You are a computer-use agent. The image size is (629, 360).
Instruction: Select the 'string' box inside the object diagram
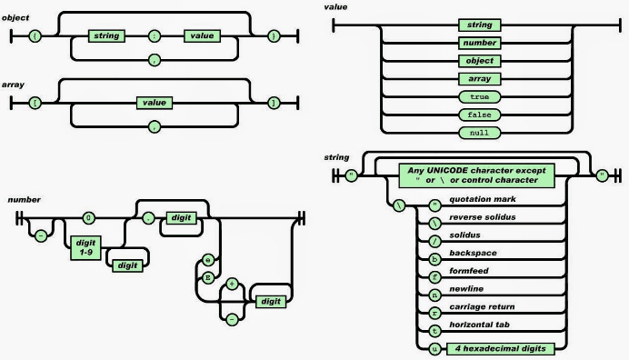click(x=105, y=35)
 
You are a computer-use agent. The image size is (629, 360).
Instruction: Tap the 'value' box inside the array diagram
click(x=153, y=104)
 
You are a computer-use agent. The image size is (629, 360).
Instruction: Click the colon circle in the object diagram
click(x=153, y=35)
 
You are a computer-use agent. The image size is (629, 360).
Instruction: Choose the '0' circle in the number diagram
click(x=89, y=218)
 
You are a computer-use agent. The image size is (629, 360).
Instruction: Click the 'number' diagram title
click(x=23, y=198)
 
